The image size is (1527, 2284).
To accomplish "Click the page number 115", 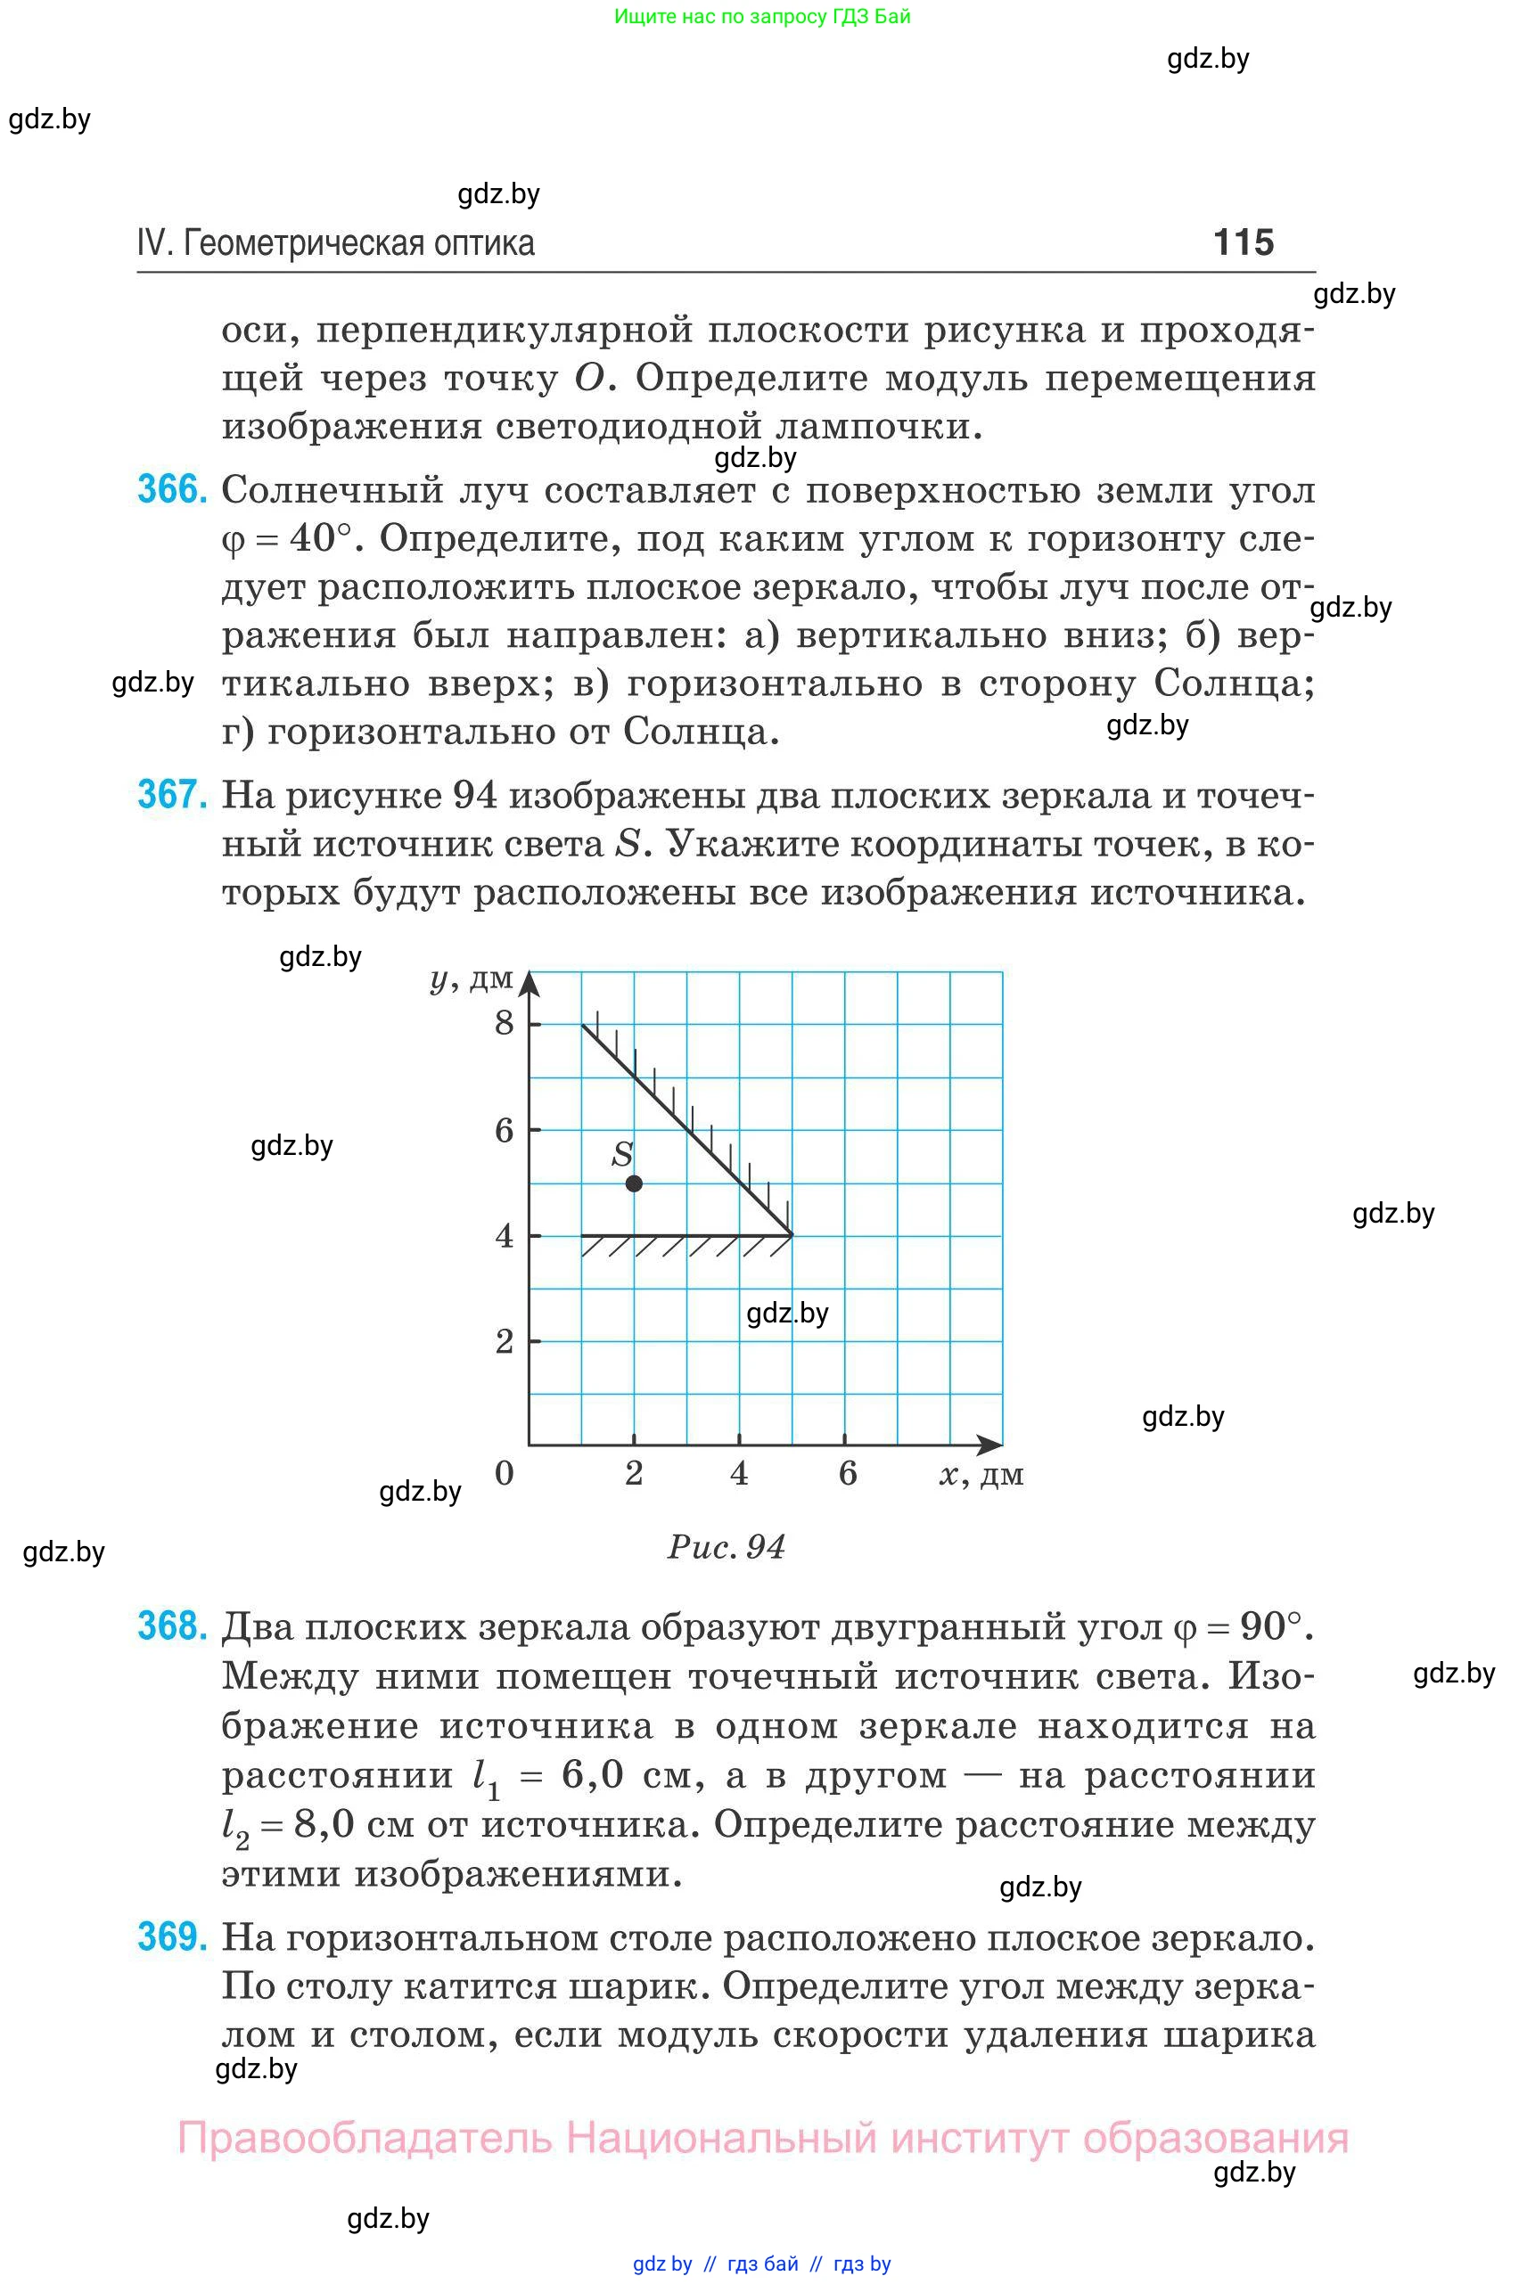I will coord(1243,241).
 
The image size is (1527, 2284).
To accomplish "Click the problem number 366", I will coord(172,488).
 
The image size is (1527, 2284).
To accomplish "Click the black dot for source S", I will coord(634,1183).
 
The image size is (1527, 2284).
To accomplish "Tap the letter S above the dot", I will coord(622,1154).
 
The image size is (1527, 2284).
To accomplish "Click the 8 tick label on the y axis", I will coord(504,1022).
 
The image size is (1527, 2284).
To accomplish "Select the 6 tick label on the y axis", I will coord(504,1129).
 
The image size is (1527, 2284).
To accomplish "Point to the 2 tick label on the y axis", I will coord(504,1340).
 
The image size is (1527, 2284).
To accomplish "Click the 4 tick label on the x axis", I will coord(739,1473).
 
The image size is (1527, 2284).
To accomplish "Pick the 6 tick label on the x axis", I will coord(847,1473).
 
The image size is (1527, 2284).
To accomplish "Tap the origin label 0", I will coord(504,1473).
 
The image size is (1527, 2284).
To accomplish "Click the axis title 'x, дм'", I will coord(981,1475).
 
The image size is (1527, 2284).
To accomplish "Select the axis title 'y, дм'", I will coord(472,978).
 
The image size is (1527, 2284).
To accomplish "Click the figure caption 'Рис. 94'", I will coord(726,1547).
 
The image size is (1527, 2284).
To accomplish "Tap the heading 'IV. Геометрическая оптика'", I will coord(336,242).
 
